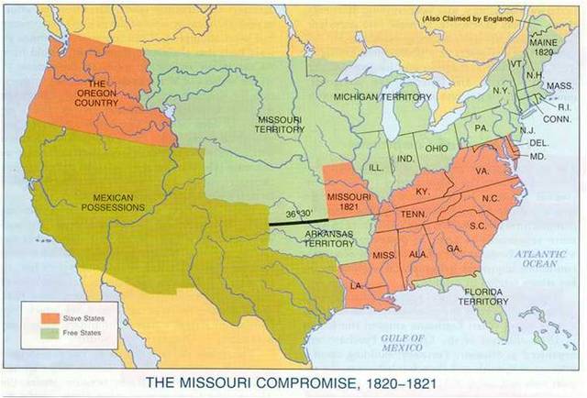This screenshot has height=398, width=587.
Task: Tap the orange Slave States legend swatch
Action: [x=50, y=317]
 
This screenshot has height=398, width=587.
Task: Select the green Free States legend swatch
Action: [x=50, y=333]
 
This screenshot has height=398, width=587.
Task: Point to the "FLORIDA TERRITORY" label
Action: [x=483, y=295]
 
